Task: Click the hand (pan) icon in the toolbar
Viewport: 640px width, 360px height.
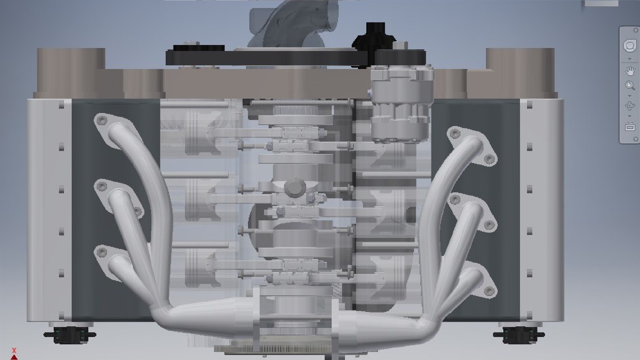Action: tap(630, 71)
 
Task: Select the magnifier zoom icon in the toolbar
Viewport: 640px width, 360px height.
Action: tap(630, 86)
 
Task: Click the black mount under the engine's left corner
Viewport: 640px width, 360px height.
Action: tap(70, 335)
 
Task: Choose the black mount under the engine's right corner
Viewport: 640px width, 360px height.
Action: tap(519, 335)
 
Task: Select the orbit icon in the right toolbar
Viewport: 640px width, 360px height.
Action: tap(630, 106)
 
